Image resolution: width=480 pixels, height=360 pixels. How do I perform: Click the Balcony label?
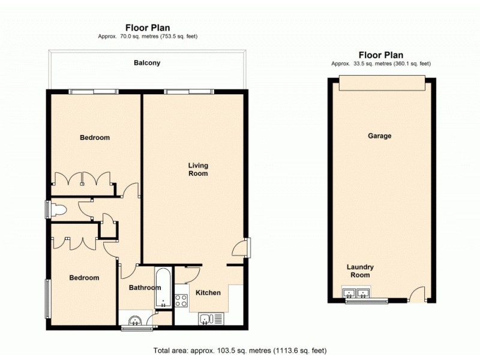pos(147,62)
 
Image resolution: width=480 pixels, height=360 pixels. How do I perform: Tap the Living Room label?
pos(198,169)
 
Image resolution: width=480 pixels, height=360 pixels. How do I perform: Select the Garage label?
pos(379,136)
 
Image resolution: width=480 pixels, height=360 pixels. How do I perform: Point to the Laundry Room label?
pos(360,271)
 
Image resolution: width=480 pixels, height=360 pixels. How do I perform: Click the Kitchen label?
pos(207,293)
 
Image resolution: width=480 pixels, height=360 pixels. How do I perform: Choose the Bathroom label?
pos(145,288)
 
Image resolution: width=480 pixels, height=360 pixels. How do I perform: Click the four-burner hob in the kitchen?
pos(181,301)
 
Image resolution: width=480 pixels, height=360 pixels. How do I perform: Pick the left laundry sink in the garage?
pos(349,293)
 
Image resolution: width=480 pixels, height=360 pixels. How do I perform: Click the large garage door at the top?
pos(382,84)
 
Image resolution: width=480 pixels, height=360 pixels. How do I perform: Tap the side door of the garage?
pos(417,295)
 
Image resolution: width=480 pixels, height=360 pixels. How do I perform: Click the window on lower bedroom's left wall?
pos(47,298)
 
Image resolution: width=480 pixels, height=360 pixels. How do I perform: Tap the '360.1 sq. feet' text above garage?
pos(408,63)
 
